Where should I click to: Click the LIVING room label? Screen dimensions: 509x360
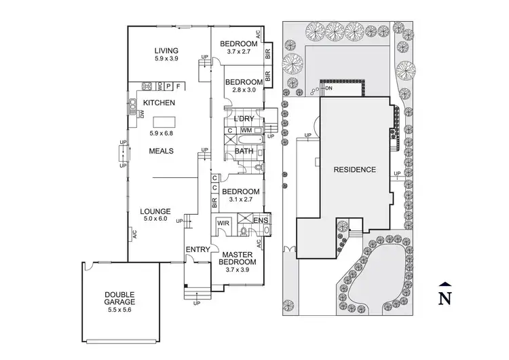click(166, 50)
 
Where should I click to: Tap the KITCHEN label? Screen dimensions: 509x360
click(159, 103)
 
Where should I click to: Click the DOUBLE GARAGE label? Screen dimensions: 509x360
click(119, 298)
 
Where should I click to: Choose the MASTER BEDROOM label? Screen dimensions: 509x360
click(238, 258)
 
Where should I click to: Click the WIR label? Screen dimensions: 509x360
click(223, 223)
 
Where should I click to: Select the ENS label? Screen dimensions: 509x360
click(261, 221)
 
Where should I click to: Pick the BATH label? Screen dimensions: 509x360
click(243, 151)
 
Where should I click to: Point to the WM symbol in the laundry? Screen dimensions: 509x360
click(246, 130)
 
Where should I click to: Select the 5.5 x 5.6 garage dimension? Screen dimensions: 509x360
click(119, 310)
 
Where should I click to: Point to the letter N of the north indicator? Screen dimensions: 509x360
click(445, 298)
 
